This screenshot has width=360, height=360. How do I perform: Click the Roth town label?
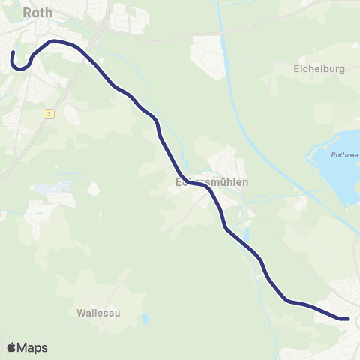[37, 12]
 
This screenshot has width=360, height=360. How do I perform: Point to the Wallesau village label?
[98, 312]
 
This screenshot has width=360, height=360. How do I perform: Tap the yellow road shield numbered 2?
[48, 113]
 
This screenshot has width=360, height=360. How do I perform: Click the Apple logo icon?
[12, 347]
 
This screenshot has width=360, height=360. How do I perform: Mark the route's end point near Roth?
[13, 52]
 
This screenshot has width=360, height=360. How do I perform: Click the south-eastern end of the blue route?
[347, 319]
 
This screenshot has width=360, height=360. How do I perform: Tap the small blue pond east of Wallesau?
[145, 318]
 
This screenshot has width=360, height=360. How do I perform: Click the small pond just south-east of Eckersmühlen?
[245, 239]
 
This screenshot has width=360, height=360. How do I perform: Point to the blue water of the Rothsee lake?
[341, 176]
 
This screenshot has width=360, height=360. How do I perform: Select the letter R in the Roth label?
[28, 12]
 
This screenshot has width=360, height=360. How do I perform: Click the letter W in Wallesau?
[81, 312]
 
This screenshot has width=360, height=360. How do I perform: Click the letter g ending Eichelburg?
[341, 70]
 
